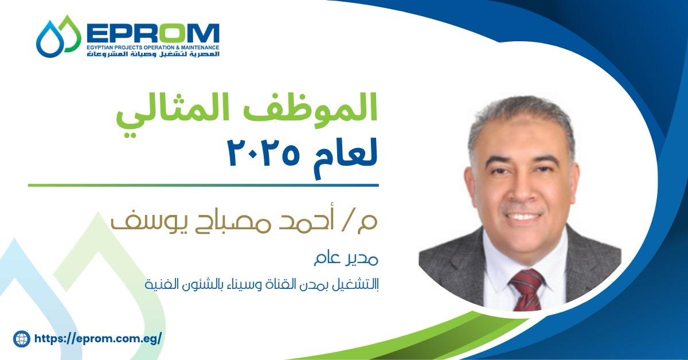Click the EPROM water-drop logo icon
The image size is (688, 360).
pos(58,36)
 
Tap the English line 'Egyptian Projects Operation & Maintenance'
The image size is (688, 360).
pos(153,48)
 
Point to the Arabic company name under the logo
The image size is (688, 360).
pos(153,54)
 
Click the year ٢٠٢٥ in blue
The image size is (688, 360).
pos(263,152)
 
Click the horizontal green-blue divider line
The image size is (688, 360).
pos(203,185)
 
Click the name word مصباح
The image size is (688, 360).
pos(216,222)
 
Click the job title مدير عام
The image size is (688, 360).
pos(346,260)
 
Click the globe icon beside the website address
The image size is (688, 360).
pos(22,339)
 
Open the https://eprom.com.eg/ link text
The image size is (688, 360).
pos(97,339)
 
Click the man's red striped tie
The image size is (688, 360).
pos(527,289)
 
